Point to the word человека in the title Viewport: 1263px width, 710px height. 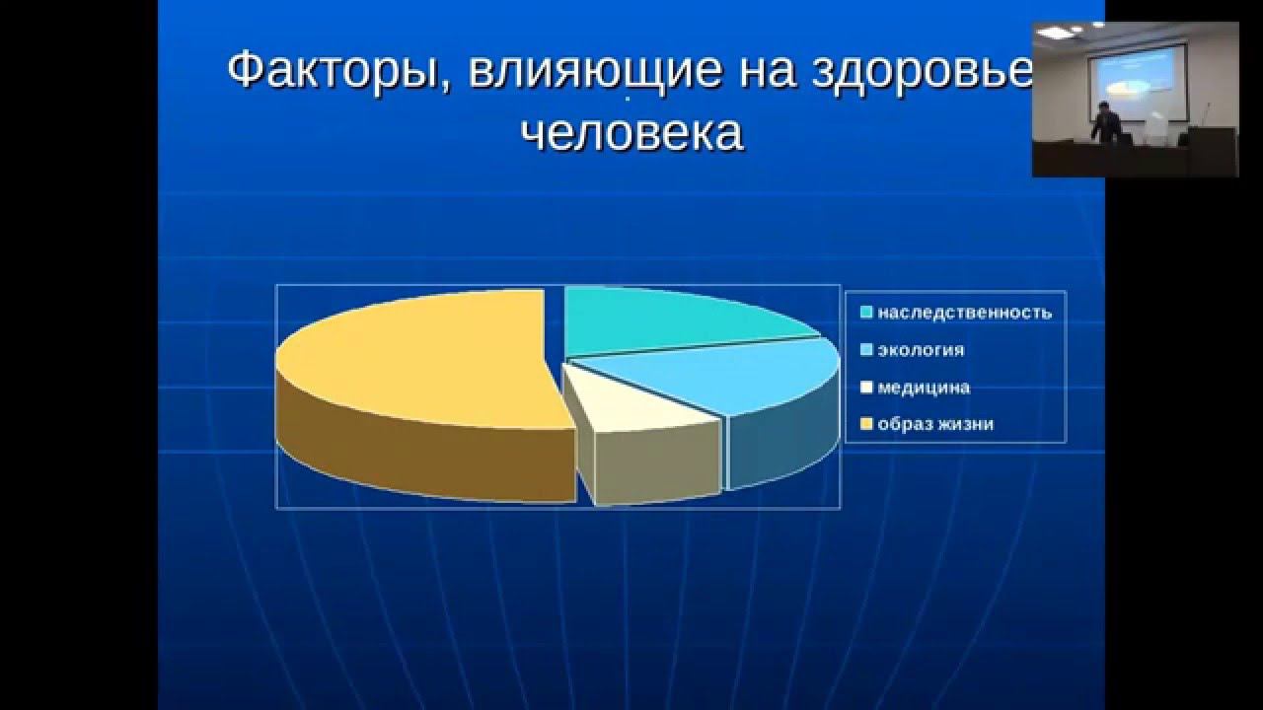coord(631,133)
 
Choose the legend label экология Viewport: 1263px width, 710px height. coord(921,350)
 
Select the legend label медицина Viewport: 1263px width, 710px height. coord(924,388)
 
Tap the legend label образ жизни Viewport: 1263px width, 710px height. coord(935,425)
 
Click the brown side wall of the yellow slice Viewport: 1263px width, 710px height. coord(424,454)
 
